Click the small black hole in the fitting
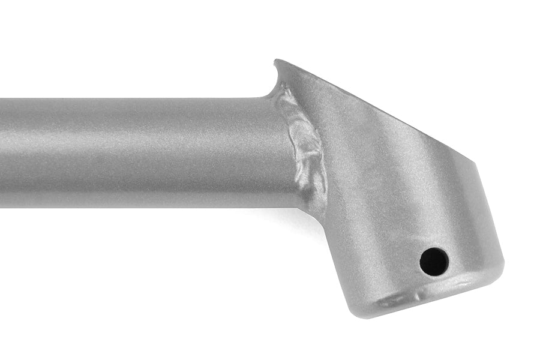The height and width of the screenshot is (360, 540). [x=434, y=261]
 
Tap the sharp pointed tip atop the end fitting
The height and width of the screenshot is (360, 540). [x=275, y=61]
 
